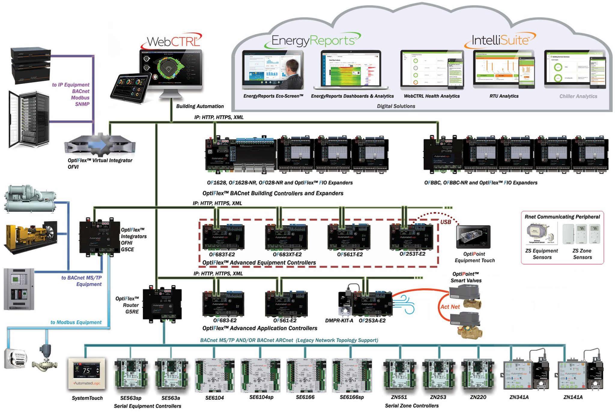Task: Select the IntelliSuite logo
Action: point(500,40)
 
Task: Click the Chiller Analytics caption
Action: point(578,96)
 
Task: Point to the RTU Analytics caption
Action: point(504,96)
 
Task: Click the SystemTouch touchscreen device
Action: point(87,373)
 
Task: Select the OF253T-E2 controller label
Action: point(412,254)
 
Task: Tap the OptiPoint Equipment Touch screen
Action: point(473,236)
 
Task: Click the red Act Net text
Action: point(450,307)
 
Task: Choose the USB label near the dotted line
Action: point(445,222)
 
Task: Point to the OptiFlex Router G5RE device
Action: point(162,304)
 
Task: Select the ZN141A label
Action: point(573,397)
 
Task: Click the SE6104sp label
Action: point(261,397)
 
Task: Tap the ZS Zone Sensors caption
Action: point(582,254)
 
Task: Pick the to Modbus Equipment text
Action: point(76,322)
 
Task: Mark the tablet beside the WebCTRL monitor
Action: point(131,88)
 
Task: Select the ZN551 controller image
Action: point(399,374)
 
